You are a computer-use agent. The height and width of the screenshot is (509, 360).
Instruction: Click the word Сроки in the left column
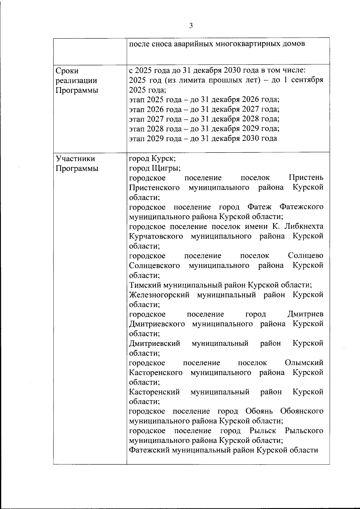point(67,71)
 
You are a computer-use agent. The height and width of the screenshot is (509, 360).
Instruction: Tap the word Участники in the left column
point(76,159)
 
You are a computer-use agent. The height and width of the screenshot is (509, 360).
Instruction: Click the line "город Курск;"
point(152,158)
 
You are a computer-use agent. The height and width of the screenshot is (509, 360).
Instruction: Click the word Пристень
point(306,178)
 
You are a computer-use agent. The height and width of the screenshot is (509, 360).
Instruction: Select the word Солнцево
point(306,256)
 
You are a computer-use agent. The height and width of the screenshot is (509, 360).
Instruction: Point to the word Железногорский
point(159,295)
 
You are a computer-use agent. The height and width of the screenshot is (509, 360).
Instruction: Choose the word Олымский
point(304,363)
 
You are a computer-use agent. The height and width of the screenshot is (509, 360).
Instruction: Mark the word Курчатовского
point(156,236)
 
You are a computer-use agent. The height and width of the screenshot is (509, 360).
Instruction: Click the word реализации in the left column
point(76,81)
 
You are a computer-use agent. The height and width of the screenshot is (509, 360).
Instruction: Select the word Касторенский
point(154,392)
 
